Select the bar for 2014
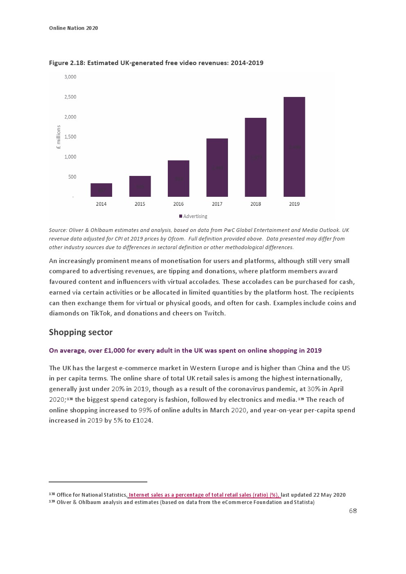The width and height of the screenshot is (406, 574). (101, 190)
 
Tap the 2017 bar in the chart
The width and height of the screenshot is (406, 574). (217, 167)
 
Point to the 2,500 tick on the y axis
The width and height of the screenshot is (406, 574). (70, 97)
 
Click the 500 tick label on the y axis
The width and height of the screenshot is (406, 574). (72, 177)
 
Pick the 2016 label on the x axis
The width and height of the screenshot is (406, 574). (178, 204)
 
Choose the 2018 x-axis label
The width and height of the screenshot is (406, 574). (255, 204)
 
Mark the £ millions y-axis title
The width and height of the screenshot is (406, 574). (59, 137)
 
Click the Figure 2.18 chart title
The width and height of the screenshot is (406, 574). (156, 63)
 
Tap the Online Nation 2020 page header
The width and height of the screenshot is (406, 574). (73, 28)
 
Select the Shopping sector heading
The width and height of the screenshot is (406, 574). (81, 332)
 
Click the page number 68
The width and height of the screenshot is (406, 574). (353, 511)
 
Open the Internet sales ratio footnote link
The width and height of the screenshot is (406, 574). (204, 495)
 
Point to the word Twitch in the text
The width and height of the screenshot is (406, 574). (214, 313)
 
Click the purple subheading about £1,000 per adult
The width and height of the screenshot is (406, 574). (185, 351)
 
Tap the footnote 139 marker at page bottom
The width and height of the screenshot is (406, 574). (52, 502)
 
